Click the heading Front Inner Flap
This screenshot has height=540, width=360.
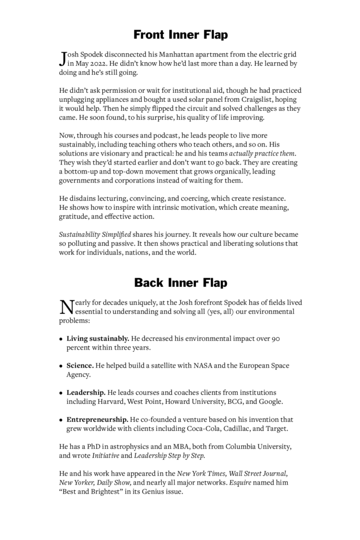(x=180, y=35)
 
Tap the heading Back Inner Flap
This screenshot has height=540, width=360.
(x=180, y=283)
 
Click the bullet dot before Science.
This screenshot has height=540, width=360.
(x=61, y=366)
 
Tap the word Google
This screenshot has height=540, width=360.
(x=271, y=401)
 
